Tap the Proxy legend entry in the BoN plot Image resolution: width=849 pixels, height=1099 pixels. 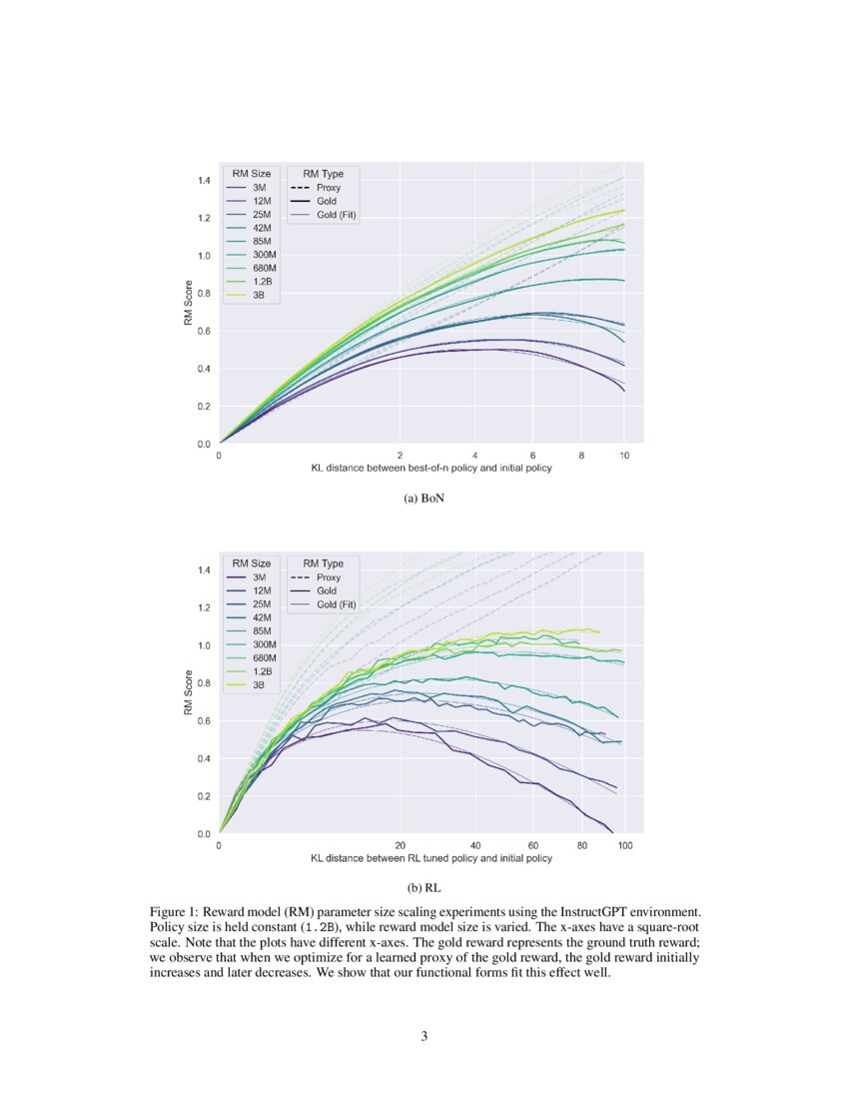click(328, 187)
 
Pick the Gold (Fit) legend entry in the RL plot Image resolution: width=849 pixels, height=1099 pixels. click(336, 604)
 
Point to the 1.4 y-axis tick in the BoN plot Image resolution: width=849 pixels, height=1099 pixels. click(203, 180)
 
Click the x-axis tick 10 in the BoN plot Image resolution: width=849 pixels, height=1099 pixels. click(624, 455)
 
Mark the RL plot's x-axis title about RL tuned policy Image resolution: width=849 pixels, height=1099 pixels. click(430, 858)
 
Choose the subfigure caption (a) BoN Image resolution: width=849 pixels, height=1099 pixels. click(424, 499)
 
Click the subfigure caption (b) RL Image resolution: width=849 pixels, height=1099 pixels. click(424, 887)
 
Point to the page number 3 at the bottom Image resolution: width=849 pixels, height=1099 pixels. click(424, 1036)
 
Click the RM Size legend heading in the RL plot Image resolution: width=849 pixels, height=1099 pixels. click(251, 562)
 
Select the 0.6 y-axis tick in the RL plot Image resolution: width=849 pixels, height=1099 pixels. click(203, 720)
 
